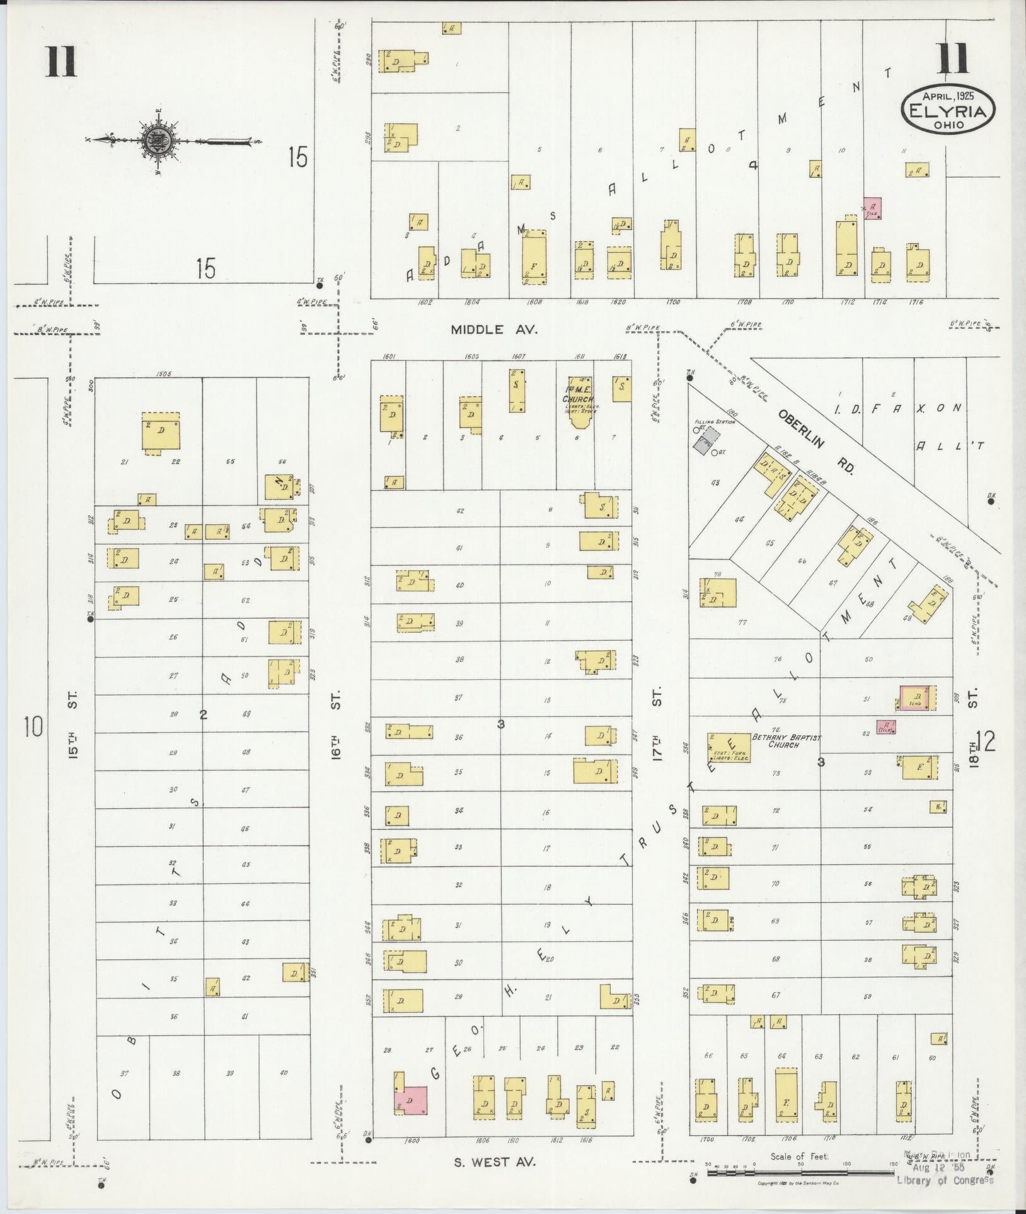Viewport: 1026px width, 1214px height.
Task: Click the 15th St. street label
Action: (x=74, y=724)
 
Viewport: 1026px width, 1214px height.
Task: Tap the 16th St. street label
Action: (x=338, y=724)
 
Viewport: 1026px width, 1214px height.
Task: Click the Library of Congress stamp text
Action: (x=945, y=1180)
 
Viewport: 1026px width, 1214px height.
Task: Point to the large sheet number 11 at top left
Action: (x=61, y=62)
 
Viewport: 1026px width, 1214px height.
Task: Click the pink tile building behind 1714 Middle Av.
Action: (x=872, y=209)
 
